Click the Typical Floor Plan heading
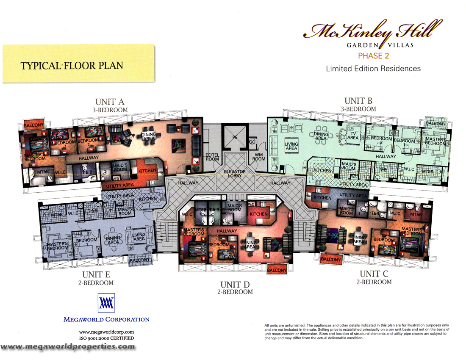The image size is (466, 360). click(x=72, y=66)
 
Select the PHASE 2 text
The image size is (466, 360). click(x=373, y=55)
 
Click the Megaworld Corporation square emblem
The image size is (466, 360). click(x=106, y=302)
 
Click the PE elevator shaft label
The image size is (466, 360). click(x=234, y=138)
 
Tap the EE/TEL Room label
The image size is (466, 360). click(x=212, y=157)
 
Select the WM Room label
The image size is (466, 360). click(x=259, y=157)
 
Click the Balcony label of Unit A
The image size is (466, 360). click(x=33, y=125)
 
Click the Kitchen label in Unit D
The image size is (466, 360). click(x=258, y=214)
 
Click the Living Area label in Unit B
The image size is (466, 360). click(x=291, y=146)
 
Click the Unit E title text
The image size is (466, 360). click(x=97, y=275)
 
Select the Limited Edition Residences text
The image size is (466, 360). click(x=373, y=68)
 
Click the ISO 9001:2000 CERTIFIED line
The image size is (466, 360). click(x=106, y=338)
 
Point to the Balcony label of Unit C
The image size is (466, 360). click(x=330, y=259)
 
